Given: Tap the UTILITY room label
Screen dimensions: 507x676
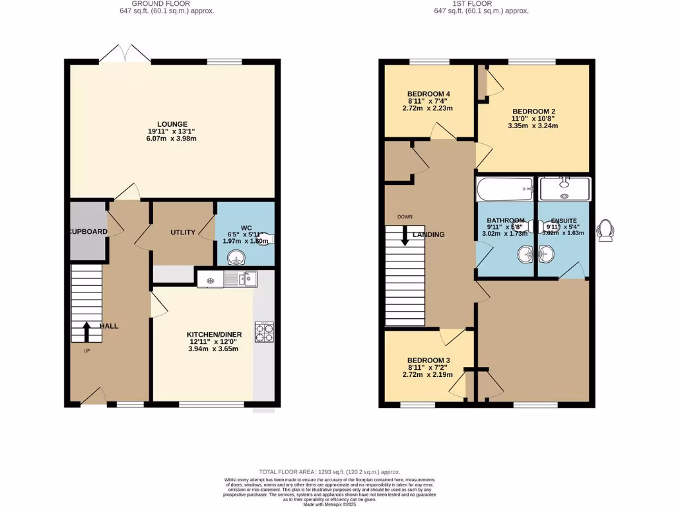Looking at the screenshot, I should (x=183, y=232).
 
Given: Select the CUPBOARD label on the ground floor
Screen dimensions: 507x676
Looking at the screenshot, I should (x=86, y=232).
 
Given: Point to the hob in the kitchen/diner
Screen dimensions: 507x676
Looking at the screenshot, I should (x=265, y=332).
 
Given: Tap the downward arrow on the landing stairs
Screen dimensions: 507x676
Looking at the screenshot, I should (x=404, y=236).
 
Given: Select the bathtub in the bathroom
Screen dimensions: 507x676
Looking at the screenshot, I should (x=505, y=189).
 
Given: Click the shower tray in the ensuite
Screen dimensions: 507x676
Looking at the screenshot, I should (x=565, y=188).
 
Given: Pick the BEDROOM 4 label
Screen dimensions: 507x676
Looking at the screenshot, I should (x=430, y=93).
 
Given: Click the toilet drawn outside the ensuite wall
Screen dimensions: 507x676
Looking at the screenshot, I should (x=604, y=231).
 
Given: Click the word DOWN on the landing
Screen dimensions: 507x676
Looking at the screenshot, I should (x=405, y=217).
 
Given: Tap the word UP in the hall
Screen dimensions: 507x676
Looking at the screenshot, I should (x=86, y=351).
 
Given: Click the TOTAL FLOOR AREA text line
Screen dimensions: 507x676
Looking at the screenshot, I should (x=329, y=471).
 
